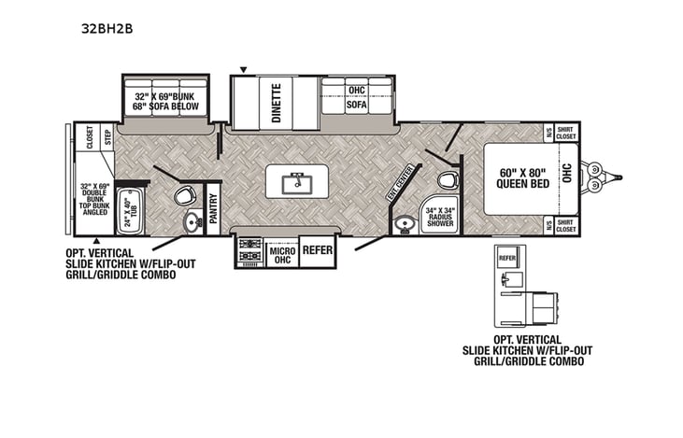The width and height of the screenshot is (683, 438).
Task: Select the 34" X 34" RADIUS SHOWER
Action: pyautogui.click(x=438, y=216)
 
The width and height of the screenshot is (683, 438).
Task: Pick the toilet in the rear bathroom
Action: pyautogui.click(x=185, y=195)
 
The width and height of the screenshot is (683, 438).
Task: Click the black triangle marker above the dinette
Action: pyautogui.click(x=244, y=69)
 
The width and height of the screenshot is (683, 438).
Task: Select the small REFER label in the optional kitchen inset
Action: pyautogui.click(x=507, y=256)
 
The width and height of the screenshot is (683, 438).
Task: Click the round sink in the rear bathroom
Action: pyautogui.click(x=192, y=222)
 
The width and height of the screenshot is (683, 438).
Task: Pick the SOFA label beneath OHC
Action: pyautogui.click(x=357, y=106)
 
